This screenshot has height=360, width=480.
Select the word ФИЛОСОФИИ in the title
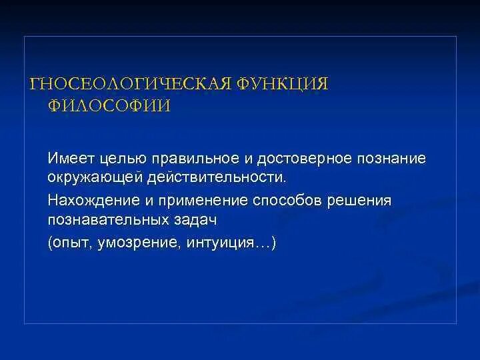coord(109,106)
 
